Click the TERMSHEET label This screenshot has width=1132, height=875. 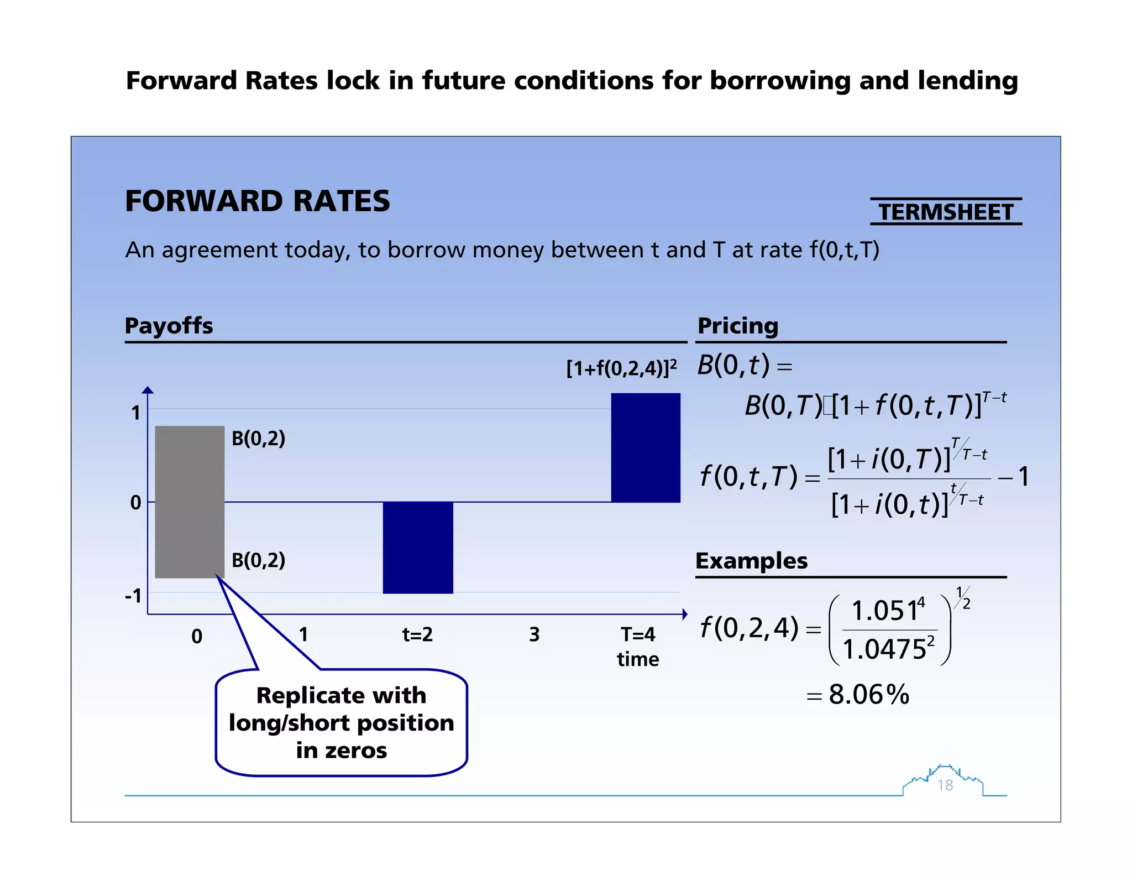946,212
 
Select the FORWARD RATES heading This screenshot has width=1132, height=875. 258,201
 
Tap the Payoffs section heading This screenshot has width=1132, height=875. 169,325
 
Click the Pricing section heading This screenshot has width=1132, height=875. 737,325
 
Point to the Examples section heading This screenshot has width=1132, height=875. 751,560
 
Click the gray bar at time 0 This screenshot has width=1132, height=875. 190,502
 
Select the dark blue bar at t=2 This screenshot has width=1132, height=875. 418,548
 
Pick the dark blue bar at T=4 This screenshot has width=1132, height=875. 646,447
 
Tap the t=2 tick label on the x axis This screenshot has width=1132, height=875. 417,634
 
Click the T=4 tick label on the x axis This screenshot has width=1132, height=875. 638,634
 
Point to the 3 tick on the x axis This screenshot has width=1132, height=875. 534,634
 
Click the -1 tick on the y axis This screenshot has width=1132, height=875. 133,596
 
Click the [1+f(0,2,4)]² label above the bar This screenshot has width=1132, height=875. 621,368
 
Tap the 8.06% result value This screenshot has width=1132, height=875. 868,694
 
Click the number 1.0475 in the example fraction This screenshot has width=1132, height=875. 884,649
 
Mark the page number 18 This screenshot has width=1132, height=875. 945,785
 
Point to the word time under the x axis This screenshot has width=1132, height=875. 638,659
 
